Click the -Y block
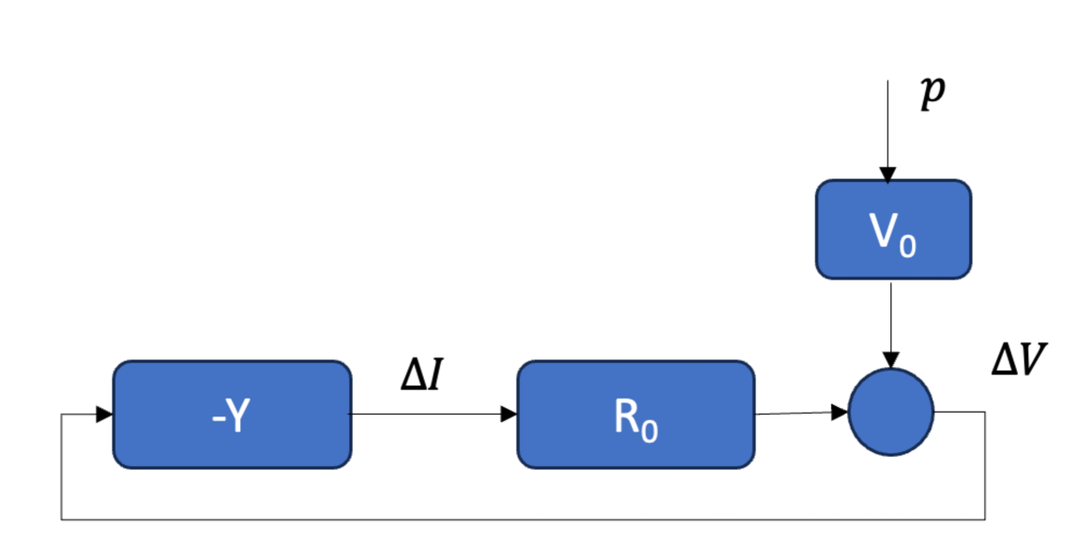click(232, 414)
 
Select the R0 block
click(635, 414)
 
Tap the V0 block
click(892, 230)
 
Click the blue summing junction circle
click(890, 412)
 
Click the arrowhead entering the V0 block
click(887, 174)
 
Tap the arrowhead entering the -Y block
click(105, 414)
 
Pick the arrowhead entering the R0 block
click(508, 414)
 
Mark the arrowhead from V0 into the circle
click(890, 360)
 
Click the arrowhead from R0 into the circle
click(841, 412)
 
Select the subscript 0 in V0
click(908, 246)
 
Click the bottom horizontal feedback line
click(516, 519)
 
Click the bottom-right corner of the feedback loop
click(985, 519)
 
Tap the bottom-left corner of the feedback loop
click(62, 519)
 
